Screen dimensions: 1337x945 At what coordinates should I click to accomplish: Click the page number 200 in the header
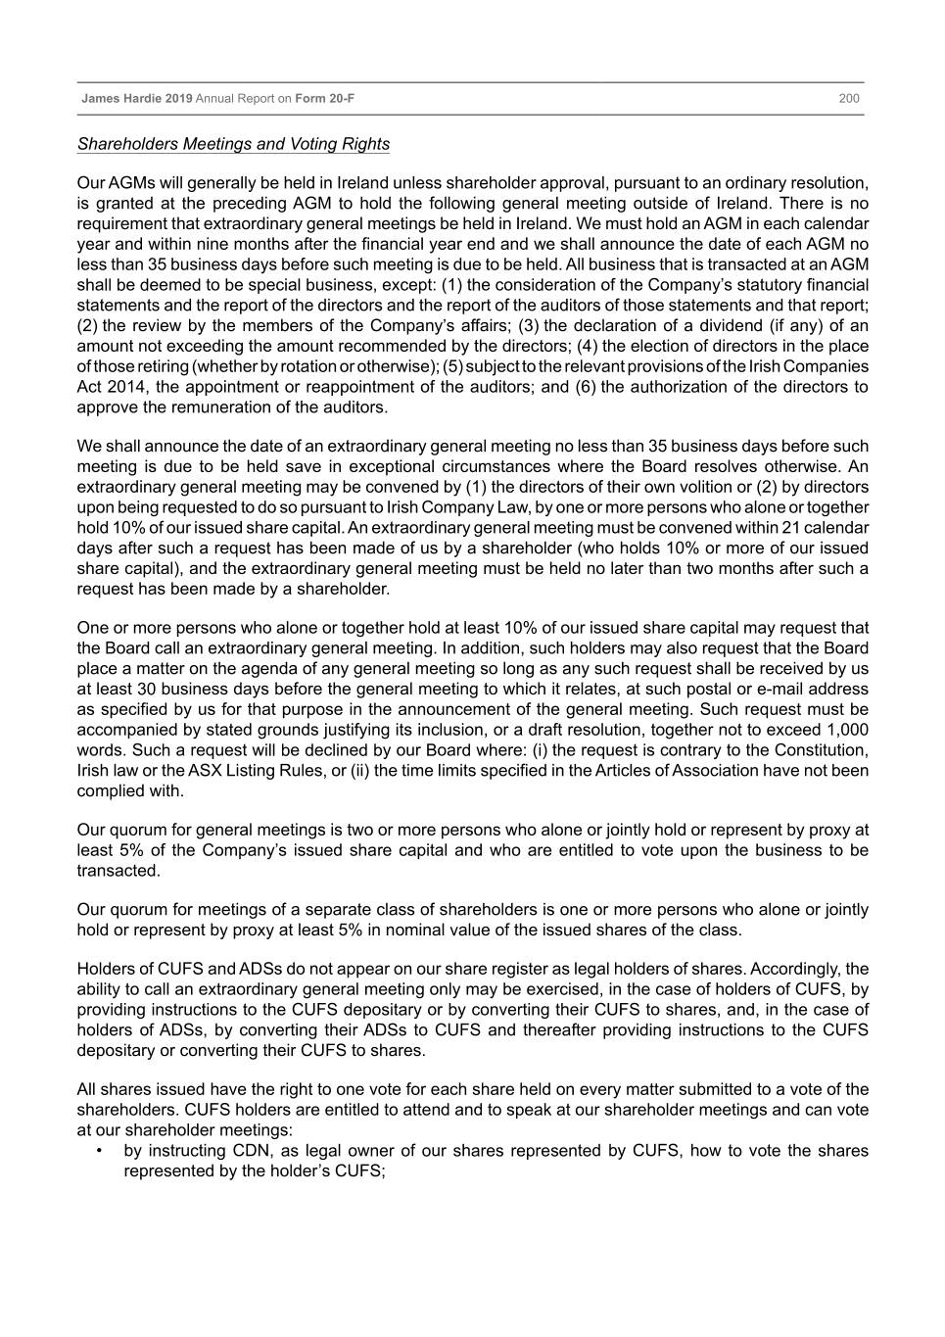click(848, 99)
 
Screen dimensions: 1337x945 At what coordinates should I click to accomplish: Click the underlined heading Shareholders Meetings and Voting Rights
click(233, 144)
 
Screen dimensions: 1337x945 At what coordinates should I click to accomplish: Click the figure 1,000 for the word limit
click(847, 730)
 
